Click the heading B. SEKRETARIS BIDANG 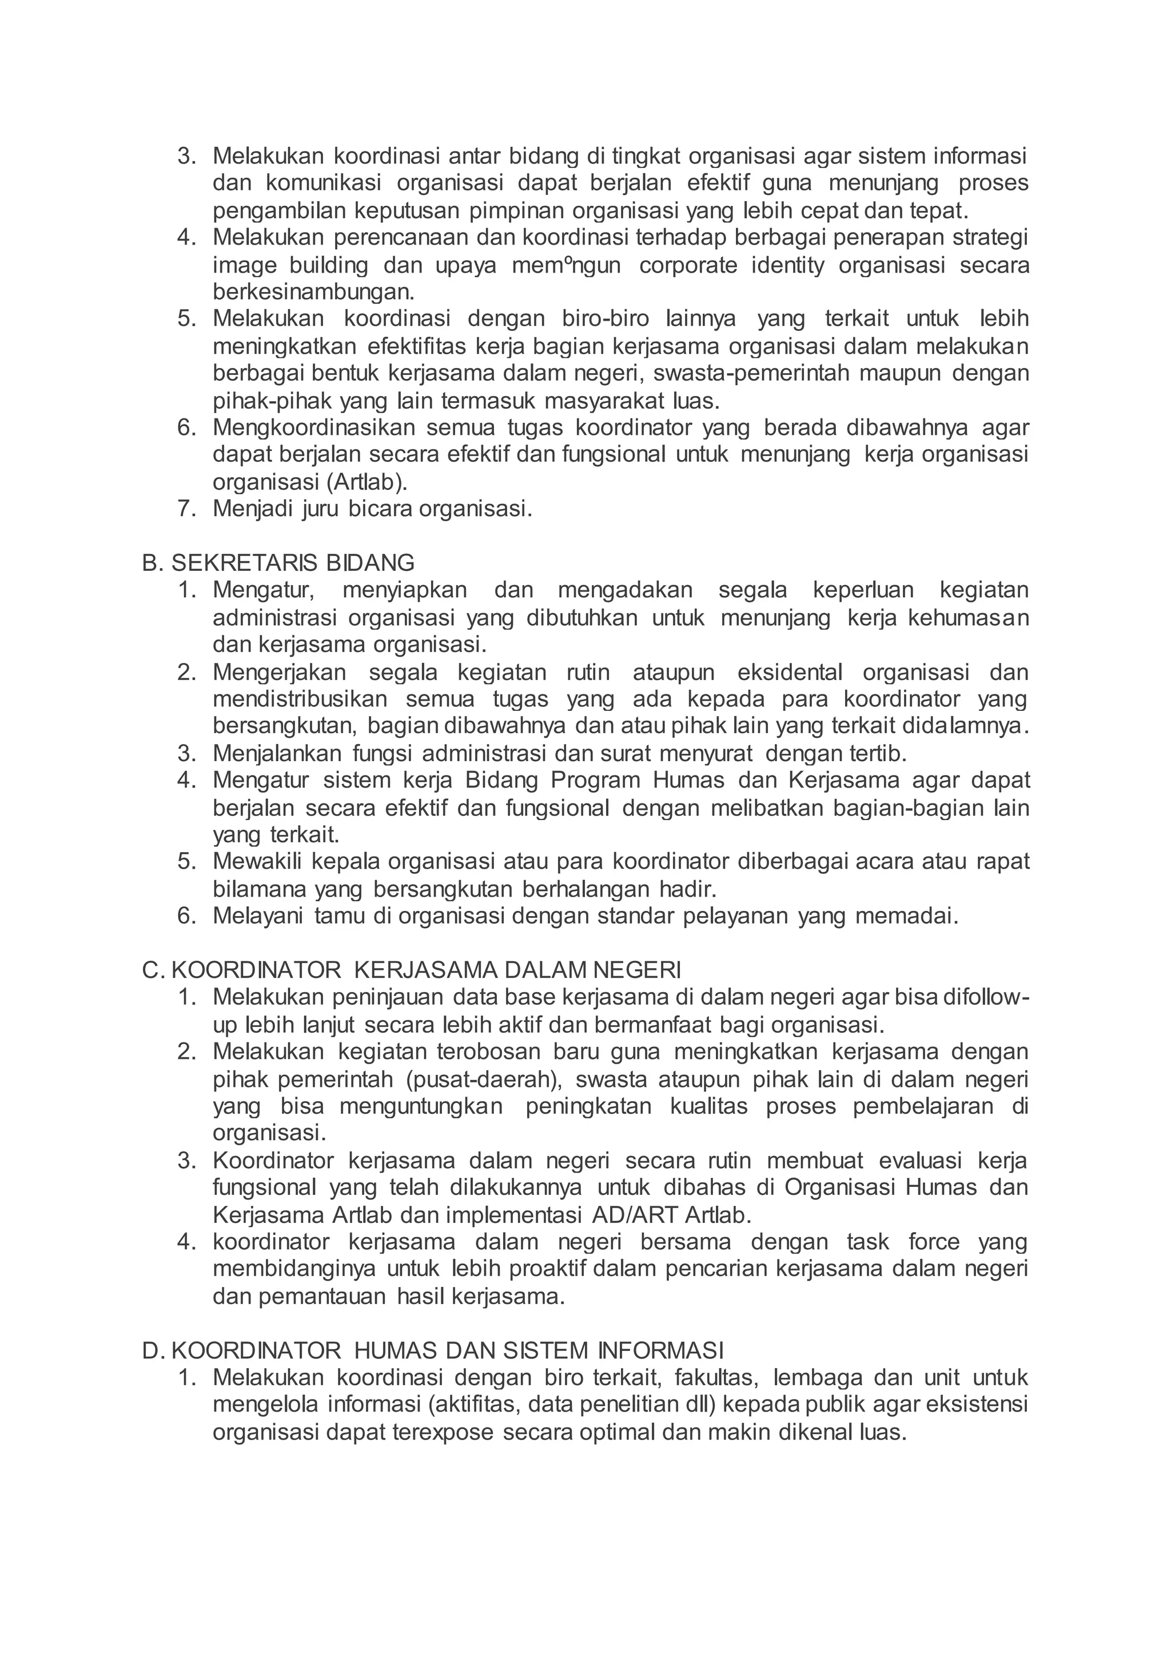click(278, 562)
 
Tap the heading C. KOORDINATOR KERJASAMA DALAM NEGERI click(411, 970)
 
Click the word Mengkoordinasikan click(314, 427)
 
